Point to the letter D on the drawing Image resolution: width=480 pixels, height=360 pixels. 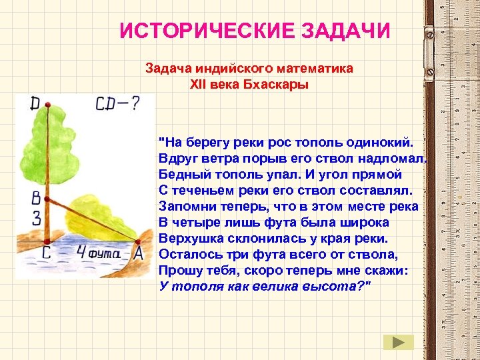pos(35,103)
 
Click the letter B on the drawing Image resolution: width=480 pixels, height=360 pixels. pos(36,198)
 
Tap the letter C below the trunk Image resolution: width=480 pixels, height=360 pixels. pos(46,254)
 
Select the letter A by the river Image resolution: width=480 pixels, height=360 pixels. pos(139,254)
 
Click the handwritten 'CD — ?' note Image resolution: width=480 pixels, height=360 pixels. pos(117,104)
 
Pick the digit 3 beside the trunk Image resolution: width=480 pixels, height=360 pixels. pos(36,217)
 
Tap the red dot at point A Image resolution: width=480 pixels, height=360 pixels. pos(138,241)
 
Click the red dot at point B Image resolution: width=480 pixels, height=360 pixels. pos(47,198)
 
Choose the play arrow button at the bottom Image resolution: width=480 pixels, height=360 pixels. pos(398,342)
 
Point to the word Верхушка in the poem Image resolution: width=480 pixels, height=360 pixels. pos(189,238)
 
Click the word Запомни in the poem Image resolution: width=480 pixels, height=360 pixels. pos(185,206)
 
